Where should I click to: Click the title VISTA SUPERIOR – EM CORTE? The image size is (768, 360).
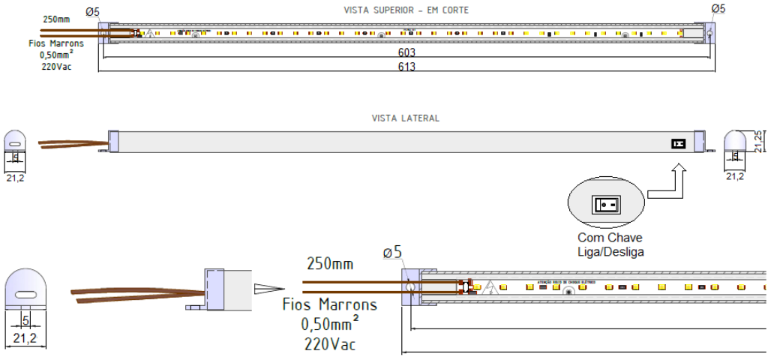406,10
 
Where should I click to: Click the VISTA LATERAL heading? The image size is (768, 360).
406,118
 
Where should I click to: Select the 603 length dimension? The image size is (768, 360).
407,53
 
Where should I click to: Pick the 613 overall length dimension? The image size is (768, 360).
407,67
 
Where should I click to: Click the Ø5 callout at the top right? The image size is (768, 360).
718,9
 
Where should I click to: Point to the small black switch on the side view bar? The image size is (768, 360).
679,142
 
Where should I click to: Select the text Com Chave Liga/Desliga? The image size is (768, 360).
610,244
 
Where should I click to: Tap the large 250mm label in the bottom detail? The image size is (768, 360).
330,264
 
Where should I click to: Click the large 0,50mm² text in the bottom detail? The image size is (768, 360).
329,325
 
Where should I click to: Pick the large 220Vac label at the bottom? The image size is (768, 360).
329,344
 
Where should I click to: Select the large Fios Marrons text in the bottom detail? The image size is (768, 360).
329,305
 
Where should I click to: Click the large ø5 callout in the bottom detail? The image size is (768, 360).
393,253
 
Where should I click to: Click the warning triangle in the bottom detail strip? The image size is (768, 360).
490,286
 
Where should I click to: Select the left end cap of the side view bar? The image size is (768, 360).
114,142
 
